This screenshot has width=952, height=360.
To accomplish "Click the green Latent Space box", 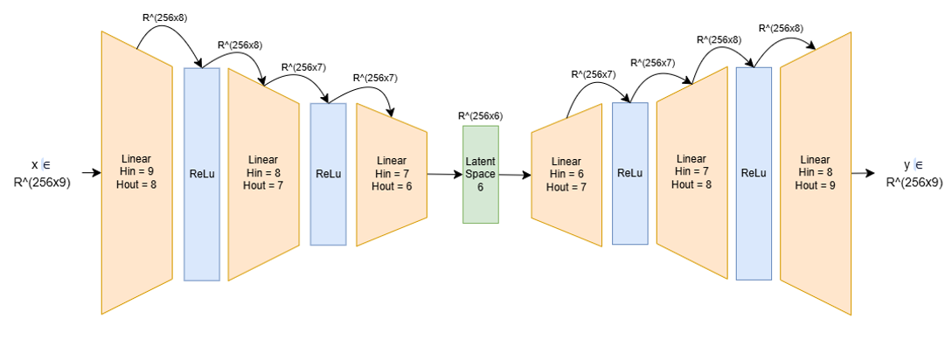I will point(480,174).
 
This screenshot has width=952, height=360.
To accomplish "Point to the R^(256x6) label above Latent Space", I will point(480,115).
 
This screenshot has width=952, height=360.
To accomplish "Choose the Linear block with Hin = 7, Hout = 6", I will point(391,173).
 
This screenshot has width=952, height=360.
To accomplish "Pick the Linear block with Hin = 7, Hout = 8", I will point(691,172).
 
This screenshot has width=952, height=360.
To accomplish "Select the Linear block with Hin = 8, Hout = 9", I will point(815,172).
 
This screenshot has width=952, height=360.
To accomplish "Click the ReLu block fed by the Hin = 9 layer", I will point(201,174).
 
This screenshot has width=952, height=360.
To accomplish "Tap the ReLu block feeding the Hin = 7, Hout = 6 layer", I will point(328,174).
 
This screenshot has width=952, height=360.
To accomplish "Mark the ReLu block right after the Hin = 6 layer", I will point(629,173).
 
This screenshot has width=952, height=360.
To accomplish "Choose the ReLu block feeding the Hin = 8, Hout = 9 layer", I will point(754,173).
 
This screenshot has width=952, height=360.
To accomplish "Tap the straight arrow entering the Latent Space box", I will point(444,174).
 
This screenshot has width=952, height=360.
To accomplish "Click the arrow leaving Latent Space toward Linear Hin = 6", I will point(514,175).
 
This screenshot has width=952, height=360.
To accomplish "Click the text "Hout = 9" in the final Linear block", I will point(815,185).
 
